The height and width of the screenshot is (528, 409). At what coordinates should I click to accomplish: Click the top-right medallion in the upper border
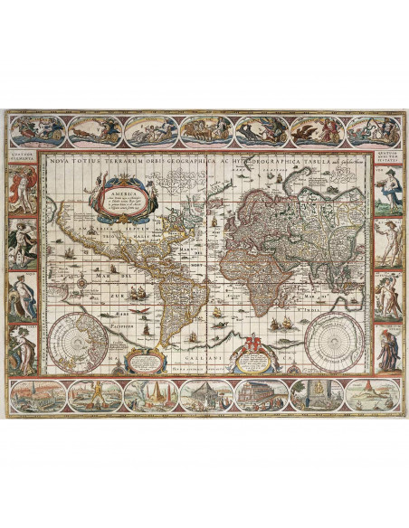(x=373, y=130)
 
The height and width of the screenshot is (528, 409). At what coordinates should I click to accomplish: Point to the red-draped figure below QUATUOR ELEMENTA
(x=22, y=189)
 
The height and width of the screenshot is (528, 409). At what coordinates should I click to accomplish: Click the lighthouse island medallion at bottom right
(x=373, y=394)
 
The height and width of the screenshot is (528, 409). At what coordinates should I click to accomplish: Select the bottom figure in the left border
(x=22, y=348)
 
